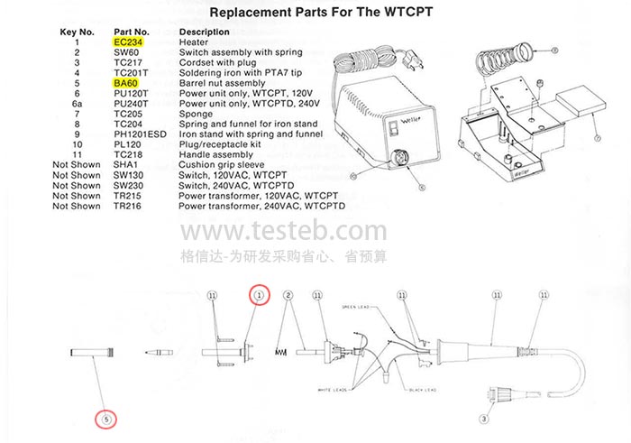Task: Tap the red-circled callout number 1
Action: pyautogui.click(x=260, y=295)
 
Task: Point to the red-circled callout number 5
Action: pyautogui.click(x=106, y=419)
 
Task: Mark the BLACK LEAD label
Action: pyautogui.click(x=423, y=390)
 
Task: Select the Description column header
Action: pyautogui.click(x=205, y=32)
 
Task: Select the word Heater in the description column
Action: pyautogui.click(x=194, y=42)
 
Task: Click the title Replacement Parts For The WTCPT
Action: pyautogui.click(x=315, y=14)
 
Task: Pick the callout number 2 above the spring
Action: pyautogui.click(x=288, y=295)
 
